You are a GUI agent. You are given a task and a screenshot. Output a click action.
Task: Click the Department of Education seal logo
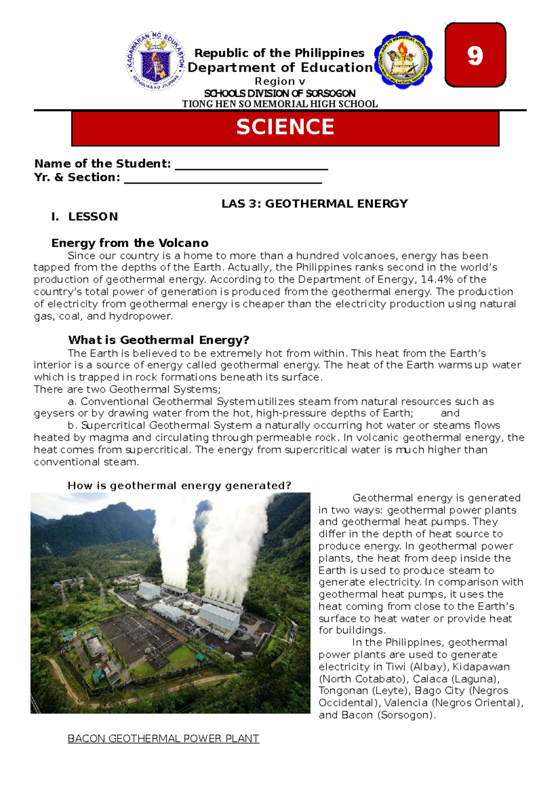155,61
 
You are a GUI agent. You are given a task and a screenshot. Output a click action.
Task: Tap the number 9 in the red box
475,56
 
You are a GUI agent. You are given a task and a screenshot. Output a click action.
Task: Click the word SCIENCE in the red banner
285,127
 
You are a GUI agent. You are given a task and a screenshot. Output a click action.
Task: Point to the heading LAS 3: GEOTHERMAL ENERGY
315,204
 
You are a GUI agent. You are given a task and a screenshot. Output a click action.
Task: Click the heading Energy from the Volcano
130,243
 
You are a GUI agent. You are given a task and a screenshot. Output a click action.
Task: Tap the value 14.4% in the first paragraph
436,280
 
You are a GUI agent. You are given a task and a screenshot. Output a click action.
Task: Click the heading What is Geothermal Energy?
159,340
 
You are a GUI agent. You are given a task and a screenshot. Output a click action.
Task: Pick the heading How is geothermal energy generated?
179,486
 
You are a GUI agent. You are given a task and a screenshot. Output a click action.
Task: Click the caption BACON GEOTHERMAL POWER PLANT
163,739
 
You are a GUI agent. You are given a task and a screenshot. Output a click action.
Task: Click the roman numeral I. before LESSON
56,217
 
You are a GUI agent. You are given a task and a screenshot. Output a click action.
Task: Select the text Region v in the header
280,81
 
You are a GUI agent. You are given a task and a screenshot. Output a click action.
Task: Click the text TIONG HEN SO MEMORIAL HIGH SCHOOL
280,104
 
